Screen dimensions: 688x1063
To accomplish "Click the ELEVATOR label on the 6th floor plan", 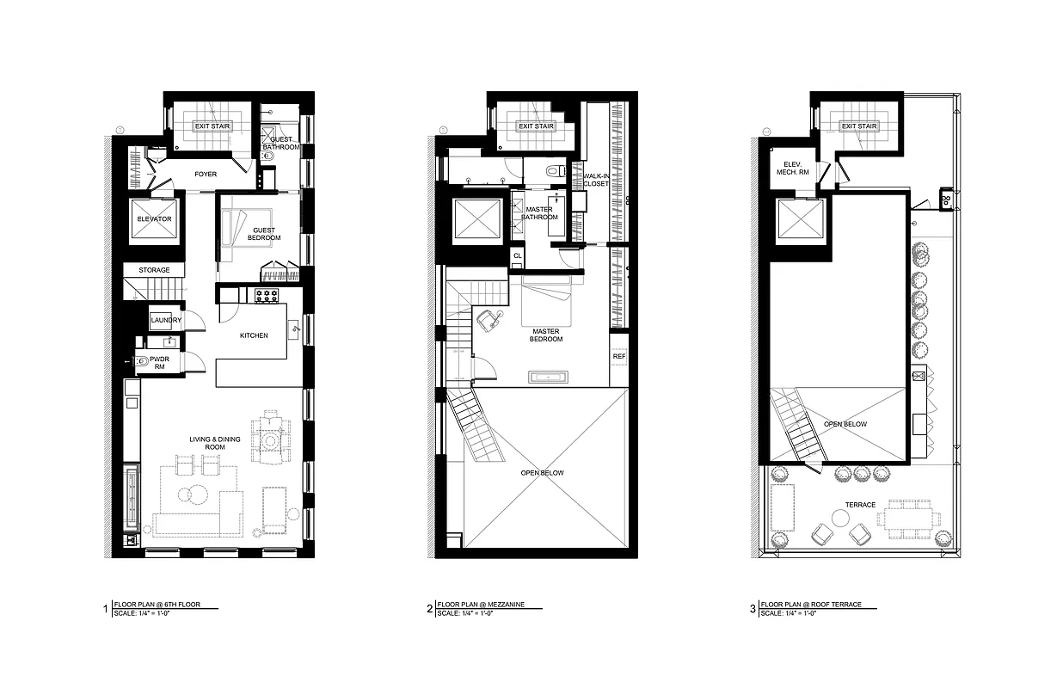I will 154,219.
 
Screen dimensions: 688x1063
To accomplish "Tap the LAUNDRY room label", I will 165,321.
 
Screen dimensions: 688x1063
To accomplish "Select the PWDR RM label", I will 158,363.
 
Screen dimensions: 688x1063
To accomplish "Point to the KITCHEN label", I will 253,335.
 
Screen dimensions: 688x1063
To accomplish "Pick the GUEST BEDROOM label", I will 264,234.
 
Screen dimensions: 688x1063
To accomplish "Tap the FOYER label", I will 206,175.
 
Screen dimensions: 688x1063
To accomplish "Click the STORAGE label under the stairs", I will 155,270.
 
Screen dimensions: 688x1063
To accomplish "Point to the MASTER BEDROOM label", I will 546,335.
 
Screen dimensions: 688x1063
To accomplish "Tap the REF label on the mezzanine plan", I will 618,356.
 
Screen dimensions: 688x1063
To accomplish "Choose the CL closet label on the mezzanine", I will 517,255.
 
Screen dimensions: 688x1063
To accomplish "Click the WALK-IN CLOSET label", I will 595,180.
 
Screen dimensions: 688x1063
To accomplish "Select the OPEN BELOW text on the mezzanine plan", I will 541,473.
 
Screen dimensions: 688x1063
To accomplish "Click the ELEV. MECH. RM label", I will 792,169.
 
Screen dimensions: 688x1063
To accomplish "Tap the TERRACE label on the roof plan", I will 859,505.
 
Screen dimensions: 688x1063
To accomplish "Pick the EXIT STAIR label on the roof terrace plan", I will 858,126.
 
